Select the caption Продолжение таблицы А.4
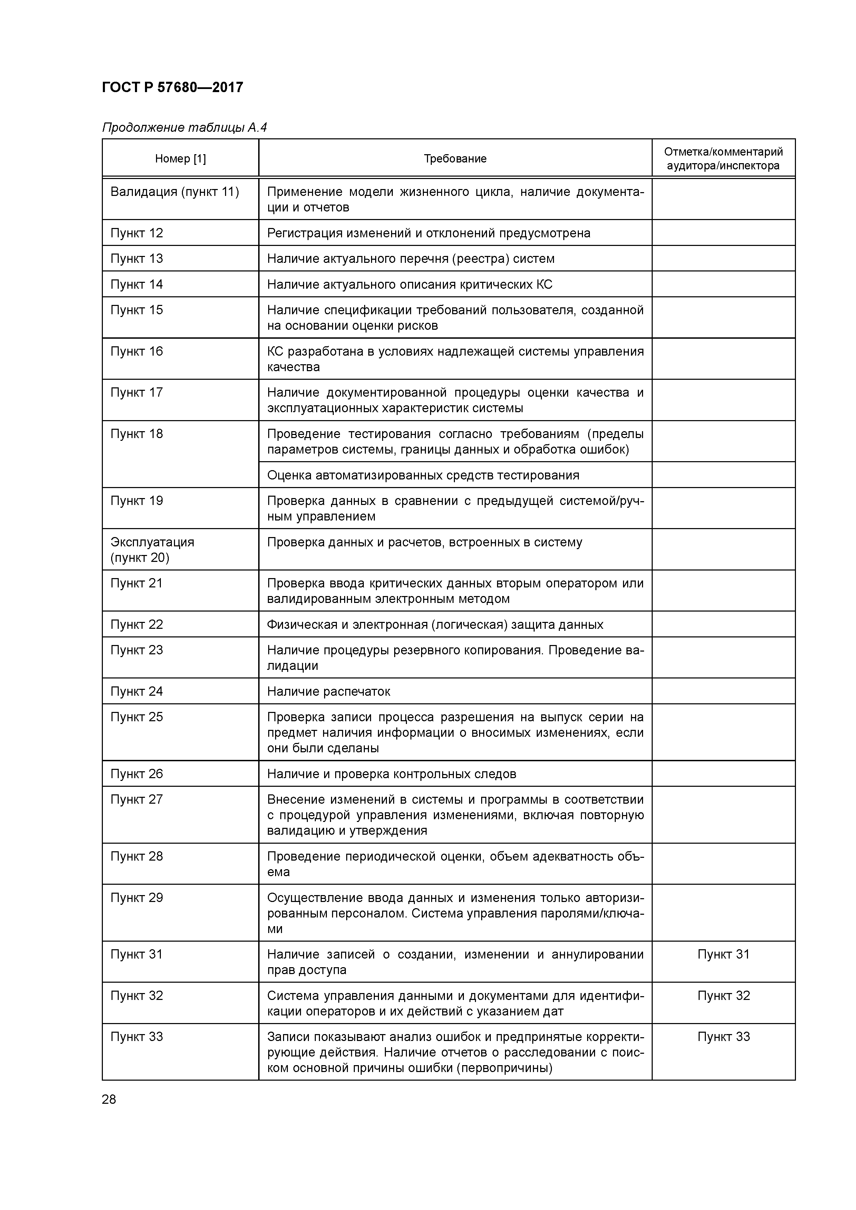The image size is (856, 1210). click(x=185, y=128)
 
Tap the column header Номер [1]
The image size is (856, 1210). click(x=181, y=159)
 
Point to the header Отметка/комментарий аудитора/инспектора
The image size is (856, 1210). click(x=723, y=159)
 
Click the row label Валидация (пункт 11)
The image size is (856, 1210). click(x=175, y=192)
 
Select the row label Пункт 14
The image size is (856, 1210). click(x=137, y=285)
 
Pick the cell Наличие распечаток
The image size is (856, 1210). click(x=329, y=692)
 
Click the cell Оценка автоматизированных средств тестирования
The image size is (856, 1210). click(x=423, y=475)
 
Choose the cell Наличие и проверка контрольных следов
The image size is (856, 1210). click(x=391, y=774)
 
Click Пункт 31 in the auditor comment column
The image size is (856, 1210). click(x=723, y=954)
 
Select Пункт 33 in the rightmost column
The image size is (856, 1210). click(x=723, y=1037)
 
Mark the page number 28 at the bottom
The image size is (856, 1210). click(x=109, y=1099)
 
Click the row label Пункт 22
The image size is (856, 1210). click(x=137, y=625)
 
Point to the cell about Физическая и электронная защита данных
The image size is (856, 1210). click(x=435, y=625)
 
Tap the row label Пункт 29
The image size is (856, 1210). click(x=137, y=897)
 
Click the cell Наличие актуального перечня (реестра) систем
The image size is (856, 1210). click(x=410, y=259)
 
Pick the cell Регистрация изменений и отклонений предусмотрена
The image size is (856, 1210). click(x=428, y=233)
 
